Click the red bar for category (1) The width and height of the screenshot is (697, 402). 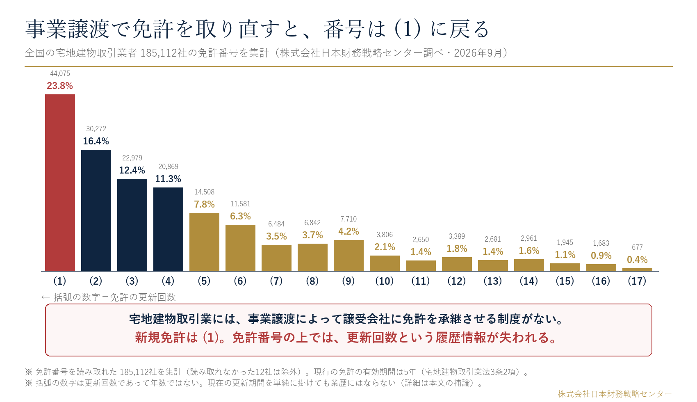(x=60, y=183)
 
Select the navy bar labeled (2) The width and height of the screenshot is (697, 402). (x=96, y=210)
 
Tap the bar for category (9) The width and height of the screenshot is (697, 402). (x=348, y=255)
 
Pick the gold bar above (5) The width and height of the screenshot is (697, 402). (x=205, y=242)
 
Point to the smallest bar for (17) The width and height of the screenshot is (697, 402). (x=637, y=270)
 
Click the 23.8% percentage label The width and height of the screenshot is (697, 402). (x=60, y=86)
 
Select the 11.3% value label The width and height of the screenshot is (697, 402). (x=168, y=179)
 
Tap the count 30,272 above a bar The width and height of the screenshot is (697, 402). (x=96, y=129)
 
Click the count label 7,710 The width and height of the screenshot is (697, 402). (x=348, y=219)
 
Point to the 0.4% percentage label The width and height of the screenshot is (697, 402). (x=637, y=260)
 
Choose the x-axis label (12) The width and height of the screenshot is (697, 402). (x=457, y=281)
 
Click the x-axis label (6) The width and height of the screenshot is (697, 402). (x=240, y=281)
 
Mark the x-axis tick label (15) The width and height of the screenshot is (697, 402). (x=565, y=281)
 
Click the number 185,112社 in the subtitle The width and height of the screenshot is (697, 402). (x=164, y=53)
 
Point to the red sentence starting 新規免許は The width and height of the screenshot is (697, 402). (x=346, y=338)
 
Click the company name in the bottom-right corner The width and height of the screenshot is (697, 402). (x=615, y=394)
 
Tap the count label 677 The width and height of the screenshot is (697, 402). (x=637, y=247)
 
